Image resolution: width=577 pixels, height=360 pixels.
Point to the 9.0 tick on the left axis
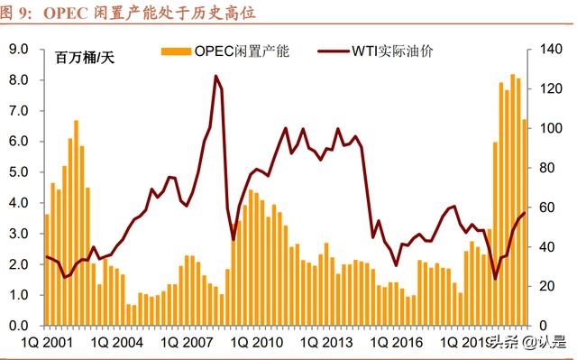pos(19,49)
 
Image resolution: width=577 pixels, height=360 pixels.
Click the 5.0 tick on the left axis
pos(19,171)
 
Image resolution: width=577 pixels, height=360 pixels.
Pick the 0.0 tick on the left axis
pos(19,325)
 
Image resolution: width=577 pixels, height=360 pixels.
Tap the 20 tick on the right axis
pos(547,286)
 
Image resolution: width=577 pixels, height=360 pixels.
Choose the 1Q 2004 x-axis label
pos(114,343)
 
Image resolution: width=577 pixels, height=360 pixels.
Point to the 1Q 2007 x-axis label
pos(183,343)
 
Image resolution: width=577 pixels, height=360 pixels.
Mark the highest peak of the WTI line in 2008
pos(216,77)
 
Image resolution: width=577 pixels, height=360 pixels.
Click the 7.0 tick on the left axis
pos(19,110)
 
